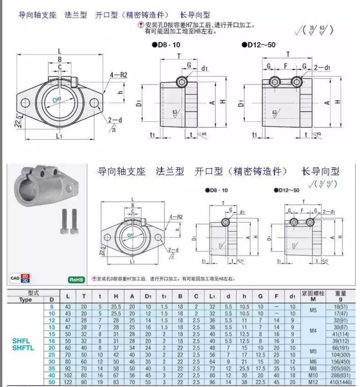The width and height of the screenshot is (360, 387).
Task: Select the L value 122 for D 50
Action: [x=68, y=382]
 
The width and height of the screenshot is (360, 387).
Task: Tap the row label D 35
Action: [x=52, y=368]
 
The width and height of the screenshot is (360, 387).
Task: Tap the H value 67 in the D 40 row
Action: [x=116, y=375]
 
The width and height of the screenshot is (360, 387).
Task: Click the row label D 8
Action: [x=52, y=306]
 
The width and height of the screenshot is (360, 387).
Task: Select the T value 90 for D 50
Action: [x=84, y=382]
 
